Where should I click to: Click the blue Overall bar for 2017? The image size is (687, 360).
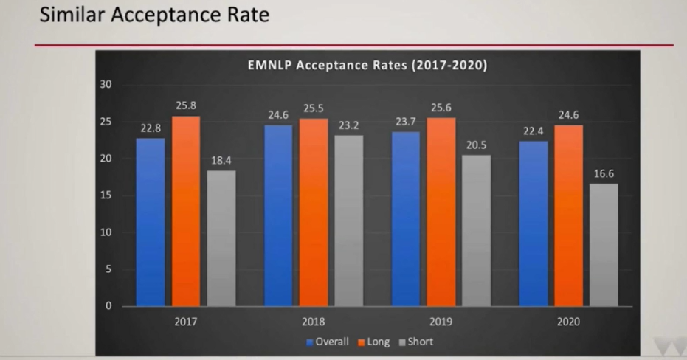151,221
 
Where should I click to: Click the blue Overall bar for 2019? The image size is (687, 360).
405,218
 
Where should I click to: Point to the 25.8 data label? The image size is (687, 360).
186,105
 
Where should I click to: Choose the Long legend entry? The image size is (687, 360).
373,342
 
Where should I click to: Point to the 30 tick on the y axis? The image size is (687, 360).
106,85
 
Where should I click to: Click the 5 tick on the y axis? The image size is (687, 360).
109,269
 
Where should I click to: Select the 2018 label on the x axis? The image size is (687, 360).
313,322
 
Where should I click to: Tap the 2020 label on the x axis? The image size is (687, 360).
569,322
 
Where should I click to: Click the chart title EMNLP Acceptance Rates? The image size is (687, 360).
367,65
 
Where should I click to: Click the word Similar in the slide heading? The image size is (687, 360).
72,15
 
